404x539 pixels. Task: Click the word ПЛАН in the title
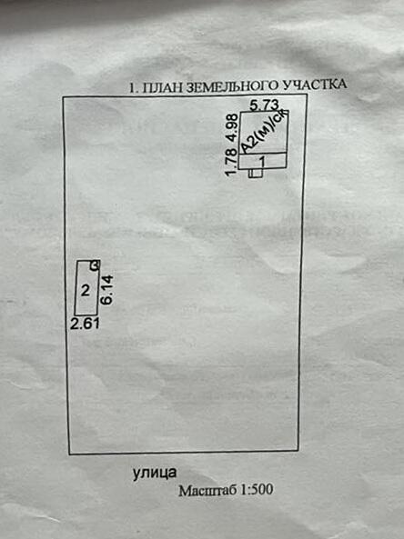(x=162, y=87)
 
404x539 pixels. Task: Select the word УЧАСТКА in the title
(x=314, y=85)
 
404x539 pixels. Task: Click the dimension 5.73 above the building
(x=264, y=105)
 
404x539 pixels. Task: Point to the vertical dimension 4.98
(x=233, y=127)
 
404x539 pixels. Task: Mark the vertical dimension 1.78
(x=232, y=162)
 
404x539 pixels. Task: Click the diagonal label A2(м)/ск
(x=264, y=131)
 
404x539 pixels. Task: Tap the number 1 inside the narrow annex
(x=263, y=161)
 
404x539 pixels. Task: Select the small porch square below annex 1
(x=256, y=173)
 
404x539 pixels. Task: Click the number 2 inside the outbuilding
(x=85, y=291)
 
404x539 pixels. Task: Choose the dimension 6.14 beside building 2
(x=107, y=290)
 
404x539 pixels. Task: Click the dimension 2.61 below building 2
(x=85, y=324)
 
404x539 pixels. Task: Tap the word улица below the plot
(x=155, y=473)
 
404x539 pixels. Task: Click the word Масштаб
(x=207, y=491)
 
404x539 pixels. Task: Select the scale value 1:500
(x=257, y=489)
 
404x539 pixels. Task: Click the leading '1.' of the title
(x=134, y=88)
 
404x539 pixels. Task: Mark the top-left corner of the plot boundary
(x=63, y=97)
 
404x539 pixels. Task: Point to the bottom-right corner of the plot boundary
(x=298, y=450)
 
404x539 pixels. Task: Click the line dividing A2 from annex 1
(x=263, y=154)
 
